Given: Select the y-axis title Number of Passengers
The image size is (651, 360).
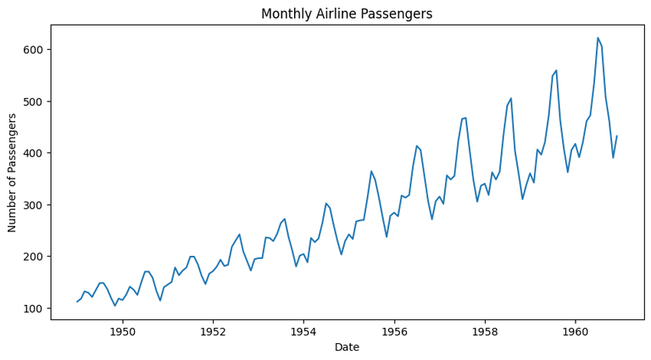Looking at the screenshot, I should pyautogui.click(x=13, y=172).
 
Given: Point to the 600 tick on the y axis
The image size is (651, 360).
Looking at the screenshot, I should pyautogui.click(x=34, y=50).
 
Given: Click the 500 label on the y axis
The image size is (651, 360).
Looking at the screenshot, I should pyautogui.click(x=34, y=102).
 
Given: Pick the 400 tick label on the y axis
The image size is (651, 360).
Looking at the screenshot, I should pyautogui.click(x=34, y=153).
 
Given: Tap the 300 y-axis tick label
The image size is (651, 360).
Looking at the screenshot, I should pyautogui.click(x=34, y=205).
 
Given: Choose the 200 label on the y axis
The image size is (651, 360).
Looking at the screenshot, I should pyautogui.click(x=34, y=257).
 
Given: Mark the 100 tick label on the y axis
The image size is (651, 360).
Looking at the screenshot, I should pyautogui.click(x=34, y=308).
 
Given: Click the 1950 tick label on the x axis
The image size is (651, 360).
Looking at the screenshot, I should pyautogui.click(x=123, y=330).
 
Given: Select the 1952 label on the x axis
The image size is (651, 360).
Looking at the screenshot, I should pyautogui.click(x=214, y=330).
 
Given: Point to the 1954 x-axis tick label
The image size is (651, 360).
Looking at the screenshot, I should pyautogui.click(x=304, y=330).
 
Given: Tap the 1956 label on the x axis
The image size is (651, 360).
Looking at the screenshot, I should pyautogui.click(x=395, y=330).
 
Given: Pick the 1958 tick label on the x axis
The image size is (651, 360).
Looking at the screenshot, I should pyautogui.click(x=486, y=330).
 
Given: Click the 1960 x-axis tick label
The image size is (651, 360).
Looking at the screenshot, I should pyautogui.click(x=576, y=330).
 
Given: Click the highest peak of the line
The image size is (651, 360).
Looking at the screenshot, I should pyautogui.click(x=598, y=38).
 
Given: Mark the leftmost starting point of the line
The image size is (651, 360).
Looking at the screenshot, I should pyautogui.click(x=77, y=302).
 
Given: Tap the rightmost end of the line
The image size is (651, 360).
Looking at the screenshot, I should pyautogui.click(x=617, y=136).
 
